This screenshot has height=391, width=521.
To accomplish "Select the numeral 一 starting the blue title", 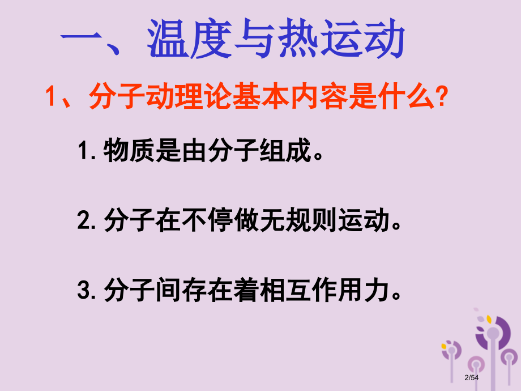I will tap(84, 41).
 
